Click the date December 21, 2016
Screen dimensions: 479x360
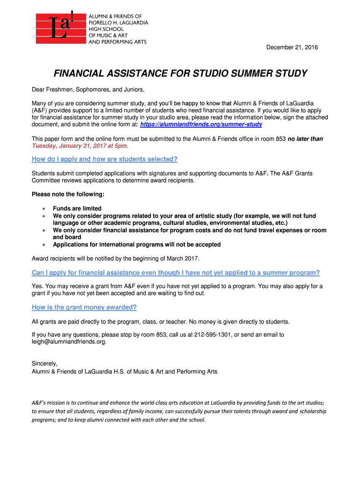(x=292, y=47)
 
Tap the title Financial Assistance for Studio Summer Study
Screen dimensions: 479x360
(x=180, y=73)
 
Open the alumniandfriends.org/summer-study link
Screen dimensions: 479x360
(x=201, y=124)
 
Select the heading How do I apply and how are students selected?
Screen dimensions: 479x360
(x=104, y=159)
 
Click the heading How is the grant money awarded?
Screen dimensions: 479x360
(x=84, y=307)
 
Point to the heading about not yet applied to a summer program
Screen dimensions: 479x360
(x=176, y=273)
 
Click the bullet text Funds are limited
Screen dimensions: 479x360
(x=77, y=209)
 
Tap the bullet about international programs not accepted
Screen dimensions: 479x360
(x=137, y=245)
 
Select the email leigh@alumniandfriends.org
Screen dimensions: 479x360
(x=69, y=341)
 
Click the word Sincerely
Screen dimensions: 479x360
(x=44, y=363)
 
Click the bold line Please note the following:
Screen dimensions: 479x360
(x=68, y=194)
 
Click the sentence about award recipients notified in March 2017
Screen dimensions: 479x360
(x=115, y=259)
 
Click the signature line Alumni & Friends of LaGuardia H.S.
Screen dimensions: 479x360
(x=124, y=371)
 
